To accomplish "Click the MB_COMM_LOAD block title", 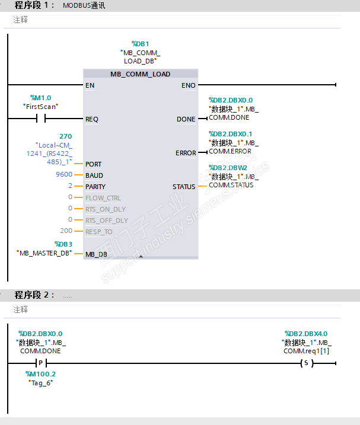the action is click(140, 74).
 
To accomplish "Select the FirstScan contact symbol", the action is click(41, 119).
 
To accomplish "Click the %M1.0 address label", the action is click(41, 98).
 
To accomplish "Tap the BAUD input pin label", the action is click(94, 175).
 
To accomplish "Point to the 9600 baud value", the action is click(64, 174).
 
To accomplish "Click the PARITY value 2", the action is click(70, 186).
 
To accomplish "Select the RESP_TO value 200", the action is click(66, 231).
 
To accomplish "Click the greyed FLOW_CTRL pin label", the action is click(103, 198).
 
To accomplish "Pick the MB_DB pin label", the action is click(96, 254).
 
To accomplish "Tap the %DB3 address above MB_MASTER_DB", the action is click(63, 244).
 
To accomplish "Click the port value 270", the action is click(66, 136).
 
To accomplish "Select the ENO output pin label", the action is click(188, 85).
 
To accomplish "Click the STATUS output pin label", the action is click(184, 187).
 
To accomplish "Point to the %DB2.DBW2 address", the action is click(228, 168).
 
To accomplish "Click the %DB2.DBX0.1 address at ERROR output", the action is click(230, 134).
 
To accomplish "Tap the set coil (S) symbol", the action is click(307, 363).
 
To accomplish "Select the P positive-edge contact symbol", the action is click(41, 363).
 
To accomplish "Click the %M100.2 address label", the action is click(40, 374).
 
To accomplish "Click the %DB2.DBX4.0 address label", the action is click(306, 334).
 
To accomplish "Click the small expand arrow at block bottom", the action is click(141, 256).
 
